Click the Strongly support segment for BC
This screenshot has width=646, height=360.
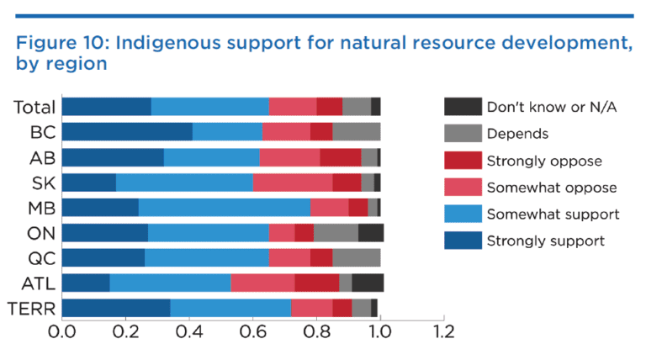(127, 132)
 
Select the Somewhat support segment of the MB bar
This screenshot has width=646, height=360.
(225, 208)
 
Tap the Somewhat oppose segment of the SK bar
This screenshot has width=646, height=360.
(293, 183)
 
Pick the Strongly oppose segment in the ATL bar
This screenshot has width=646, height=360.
(316, 283)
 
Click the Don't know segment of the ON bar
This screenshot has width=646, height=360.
(371, 233)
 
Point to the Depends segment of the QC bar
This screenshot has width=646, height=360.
(357, 258)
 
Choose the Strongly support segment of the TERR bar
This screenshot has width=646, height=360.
(116, 308)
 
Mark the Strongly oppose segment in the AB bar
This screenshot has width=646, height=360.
(341, 157)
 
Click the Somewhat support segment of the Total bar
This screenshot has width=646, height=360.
(210, 107)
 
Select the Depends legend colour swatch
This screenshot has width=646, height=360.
(461, 133)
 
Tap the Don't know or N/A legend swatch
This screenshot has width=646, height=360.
(461, 107)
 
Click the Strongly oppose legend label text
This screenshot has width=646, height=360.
(543, 161)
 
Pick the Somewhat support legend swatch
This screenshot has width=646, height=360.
(461, 214)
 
